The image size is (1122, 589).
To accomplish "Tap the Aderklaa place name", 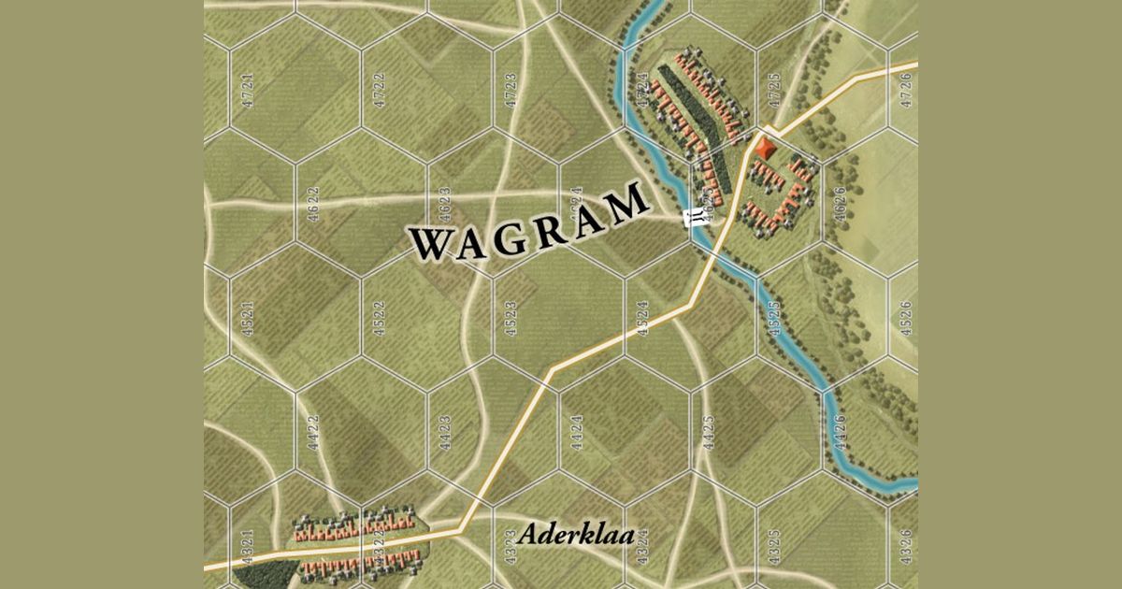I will pos(575,536).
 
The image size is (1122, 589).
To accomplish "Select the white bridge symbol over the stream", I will pos(697,219).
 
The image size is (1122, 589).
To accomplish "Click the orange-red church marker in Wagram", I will pos(768,148).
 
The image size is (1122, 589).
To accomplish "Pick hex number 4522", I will pos(379,321).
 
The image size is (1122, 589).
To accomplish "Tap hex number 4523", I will pos(511,321).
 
